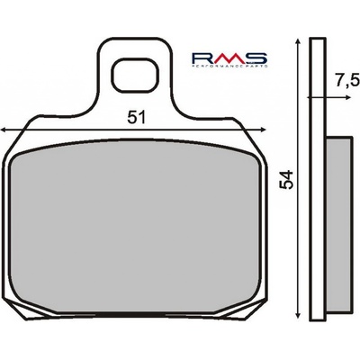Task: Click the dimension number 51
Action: (136, 117)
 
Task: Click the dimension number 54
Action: (286, 180)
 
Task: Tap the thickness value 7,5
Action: (347, 81)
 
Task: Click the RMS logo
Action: (229, 59)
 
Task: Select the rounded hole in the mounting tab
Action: (135, 75)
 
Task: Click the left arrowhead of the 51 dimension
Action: (4, 130)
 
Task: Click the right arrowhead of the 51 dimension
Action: (263, 130)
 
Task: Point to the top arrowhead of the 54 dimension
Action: (297, 41)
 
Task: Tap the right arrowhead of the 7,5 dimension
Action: (347, 97)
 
